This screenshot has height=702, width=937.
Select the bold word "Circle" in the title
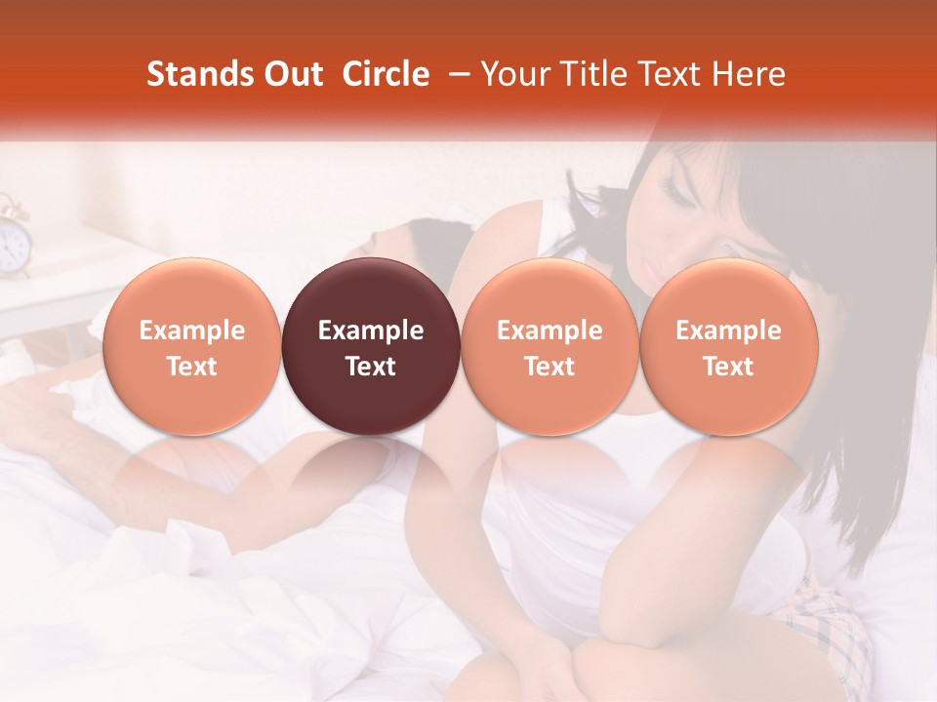(386, 75)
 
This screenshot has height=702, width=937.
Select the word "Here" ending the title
(749, 75)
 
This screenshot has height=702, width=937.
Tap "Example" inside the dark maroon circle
(371, 331)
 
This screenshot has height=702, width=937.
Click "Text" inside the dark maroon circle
(371, 367)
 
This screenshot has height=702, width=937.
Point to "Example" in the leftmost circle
(191, 331)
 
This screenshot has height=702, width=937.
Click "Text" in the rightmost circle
(729, 367)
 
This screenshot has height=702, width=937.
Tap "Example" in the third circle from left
(550, 331)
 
